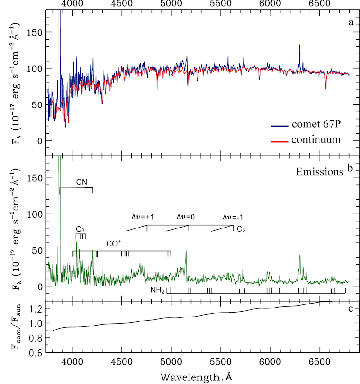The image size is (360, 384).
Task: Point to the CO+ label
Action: tap(113, 244)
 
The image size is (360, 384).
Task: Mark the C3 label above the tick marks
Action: tap(81, 231)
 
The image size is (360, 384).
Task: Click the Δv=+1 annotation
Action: tap(143, 217)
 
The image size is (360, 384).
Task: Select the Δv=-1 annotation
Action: tap(234, 217)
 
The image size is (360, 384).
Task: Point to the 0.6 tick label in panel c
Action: tap(37, 352)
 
